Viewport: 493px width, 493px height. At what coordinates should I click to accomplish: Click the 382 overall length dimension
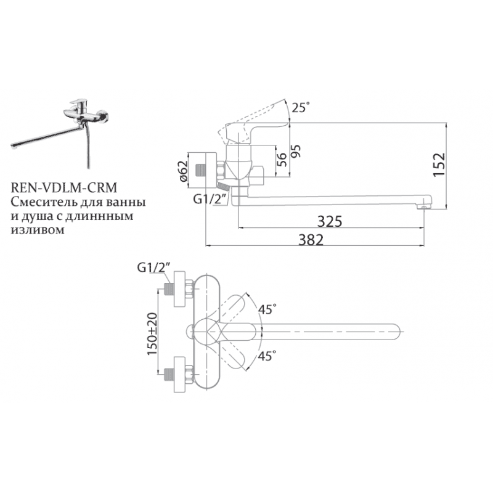311,240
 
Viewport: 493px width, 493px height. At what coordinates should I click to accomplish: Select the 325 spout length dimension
329,222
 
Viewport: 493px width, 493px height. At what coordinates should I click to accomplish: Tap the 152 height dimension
439,165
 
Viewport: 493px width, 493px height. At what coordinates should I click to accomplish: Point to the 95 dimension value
296,151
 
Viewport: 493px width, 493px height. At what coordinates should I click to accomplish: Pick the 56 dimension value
282,160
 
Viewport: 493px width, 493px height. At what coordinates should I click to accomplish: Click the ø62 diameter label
182,171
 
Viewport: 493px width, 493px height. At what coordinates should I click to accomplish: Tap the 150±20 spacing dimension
152,334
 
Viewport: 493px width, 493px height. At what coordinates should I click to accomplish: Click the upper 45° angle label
267,309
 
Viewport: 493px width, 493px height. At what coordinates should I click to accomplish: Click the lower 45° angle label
267,356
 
